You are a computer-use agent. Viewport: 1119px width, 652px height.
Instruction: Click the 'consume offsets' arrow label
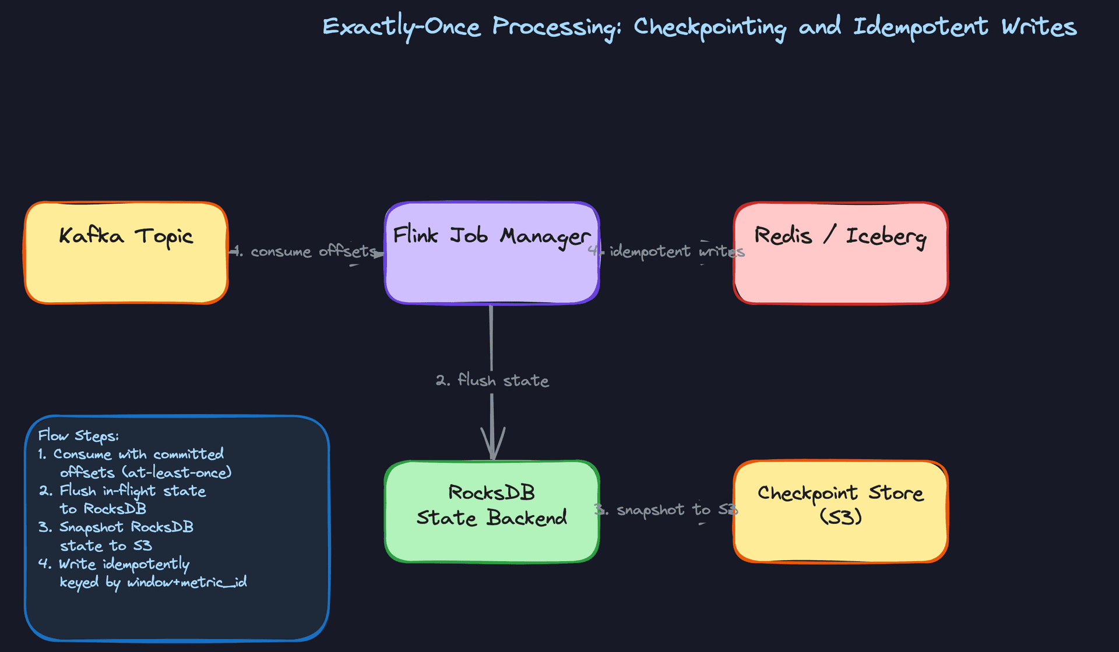[x=313, y=251]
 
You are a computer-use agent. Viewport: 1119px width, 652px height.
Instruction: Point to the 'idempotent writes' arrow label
[x=676, y=251]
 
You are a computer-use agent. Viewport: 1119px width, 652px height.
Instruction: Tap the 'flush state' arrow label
[x=492, y=381]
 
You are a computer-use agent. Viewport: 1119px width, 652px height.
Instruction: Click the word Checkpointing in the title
[x=709, y=27]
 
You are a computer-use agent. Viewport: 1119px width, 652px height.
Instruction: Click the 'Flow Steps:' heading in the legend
[x=78, y=436]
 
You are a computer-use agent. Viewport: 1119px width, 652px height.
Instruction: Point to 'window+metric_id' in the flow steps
[x=186, y=582]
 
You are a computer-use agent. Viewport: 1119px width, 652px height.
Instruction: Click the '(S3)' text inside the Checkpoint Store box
[x=840, y=517]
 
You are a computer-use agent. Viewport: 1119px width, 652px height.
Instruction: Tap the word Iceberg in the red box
[x=886, y=236]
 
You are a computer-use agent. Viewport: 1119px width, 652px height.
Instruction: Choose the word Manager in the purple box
[x=545, y=236]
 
